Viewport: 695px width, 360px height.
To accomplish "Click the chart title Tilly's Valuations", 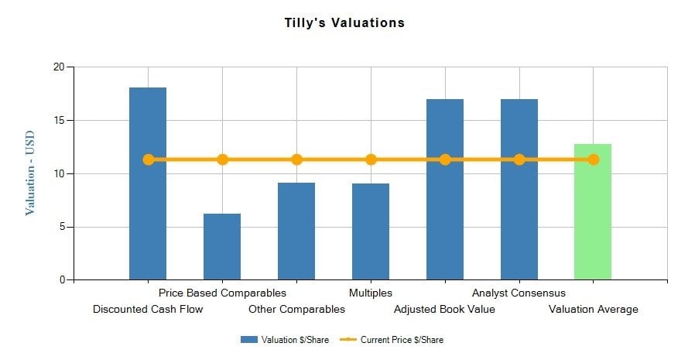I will (344, 22).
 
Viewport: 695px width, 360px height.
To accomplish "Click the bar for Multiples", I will (371, 231).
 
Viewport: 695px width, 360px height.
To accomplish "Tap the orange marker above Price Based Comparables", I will (222, 159).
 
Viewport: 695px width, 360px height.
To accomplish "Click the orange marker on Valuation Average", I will (593, 159).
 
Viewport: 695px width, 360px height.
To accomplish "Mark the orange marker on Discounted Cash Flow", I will (148, 159).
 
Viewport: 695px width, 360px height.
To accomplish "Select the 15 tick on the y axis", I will (59, 121).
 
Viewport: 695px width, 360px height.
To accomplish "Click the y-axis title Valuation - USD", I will (30, 173).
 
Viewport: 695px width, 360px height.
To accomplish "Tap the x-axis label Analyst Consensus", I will (519, 293).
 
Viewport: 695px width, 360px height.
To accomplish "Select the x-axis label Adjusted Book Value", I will (444, 310).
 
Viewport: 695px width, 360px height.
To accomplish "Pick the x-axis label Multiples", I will (371, 293).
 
